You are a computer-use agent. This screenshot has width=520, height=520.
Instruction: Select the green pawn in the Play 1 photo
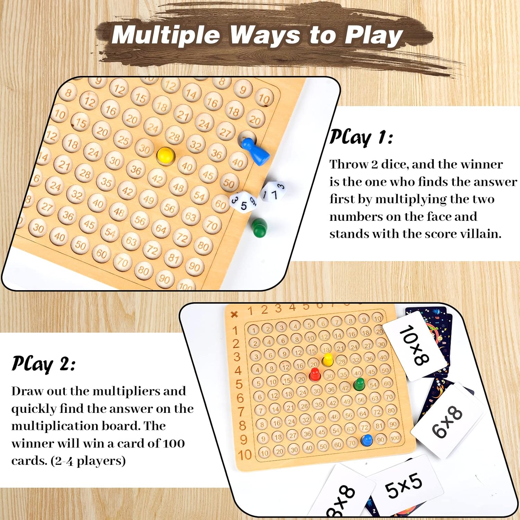(259, 227)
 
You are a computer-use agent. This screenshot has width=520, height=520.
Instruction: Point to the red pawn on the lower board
(314, 374)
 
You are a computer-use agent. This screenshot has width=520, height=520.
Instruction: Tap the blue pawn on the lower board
(366, 440)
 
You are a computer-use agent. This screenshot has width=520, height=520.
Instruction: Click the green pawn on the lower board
(359, 384)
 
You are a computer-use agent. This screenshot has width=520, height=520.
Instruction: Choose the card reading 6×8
(447, 421)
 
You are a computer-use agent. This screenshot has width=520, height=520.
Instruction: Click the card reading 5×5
(404, 485)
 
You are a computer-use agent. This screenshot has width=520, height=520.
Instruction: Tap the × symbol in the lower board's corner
(234, 314)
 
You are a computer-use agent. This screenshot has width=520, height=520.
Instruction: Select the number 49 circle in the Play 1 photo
(148, 199)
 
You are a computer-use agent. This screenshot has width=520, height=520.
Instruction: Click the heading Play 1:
(361, 138)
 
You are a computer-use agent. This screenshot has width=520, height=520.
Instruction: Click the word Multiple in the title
(166, 35)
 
